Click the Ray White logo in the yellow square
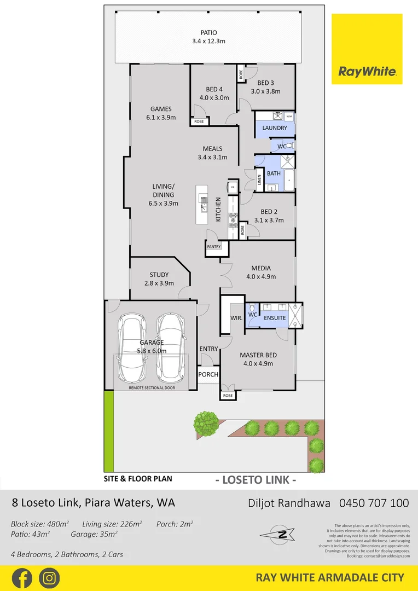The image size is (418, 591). click(367, 71)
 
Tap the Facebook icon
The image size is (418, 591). click(21, 578)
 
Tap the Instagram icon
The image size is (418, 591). click(50, 578)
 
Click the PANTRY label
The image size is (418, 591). click(214, 247)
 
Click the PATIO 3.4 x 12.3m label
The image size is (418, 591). click(208, 37)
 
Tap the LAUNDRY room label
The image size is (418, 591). click(274, 128)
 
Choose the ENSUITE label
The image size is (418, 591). click(274, 317)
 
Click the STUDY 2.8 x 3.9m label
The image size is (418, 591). click(159, 279)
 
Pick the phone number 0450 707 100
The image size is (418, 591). click(374, 502)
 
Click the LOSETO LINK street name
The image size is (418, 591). click(256, 480)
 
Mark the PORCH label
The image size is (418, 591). click(208, 375)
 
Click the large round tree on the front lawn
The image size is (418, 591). click(206, 422)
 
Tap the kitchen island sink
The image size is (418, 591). click(204, 206)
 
